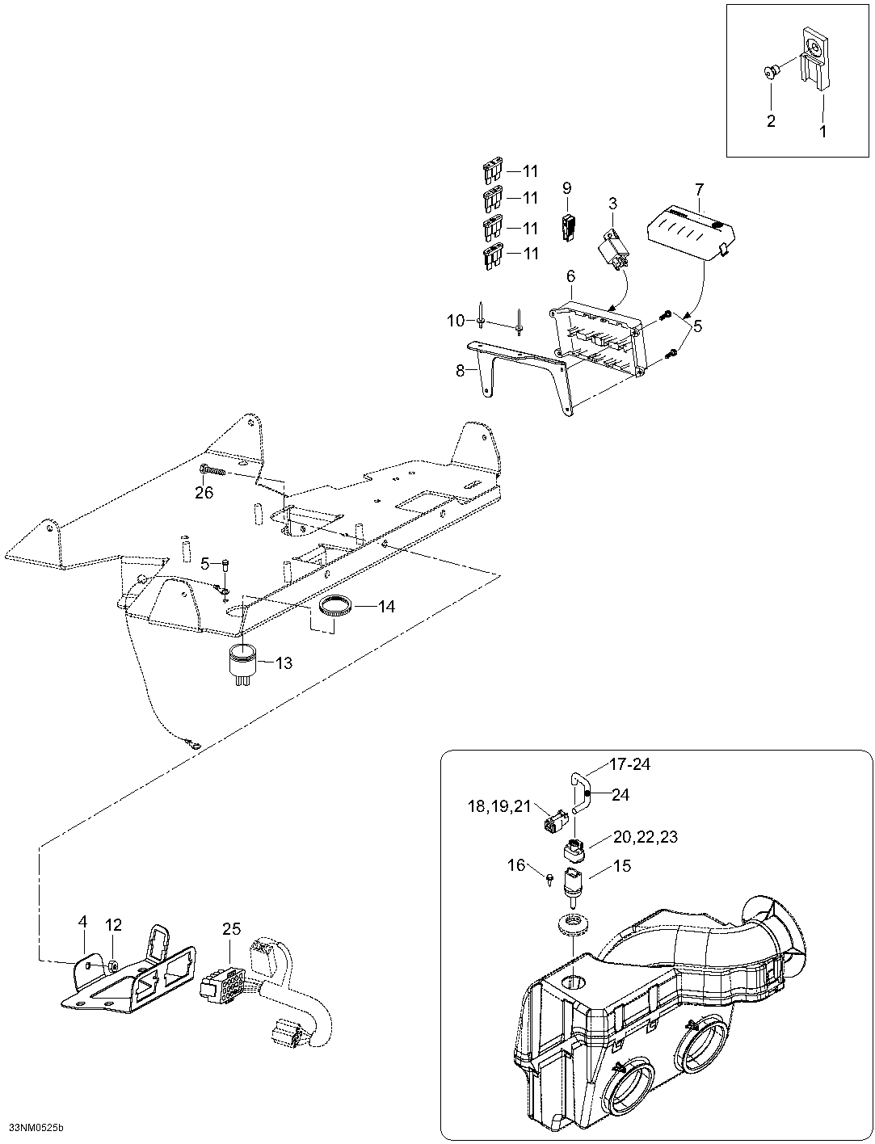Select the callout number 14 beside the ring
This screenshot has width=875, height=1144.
click(386, 606)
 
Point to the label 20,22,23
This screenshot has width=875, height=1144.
click(646, 837)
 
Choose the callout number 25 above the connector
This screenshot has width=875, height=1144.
click(231, 930)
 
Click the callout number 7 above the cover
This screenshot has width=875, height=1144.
click(699, 190)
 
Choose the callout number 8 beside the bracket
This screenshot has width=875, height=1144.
click(461, 371)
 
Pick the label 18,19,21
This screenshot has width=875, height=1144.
click(499, 805)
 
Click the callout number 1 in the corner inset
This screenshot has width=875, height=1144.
click(823, 131)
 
